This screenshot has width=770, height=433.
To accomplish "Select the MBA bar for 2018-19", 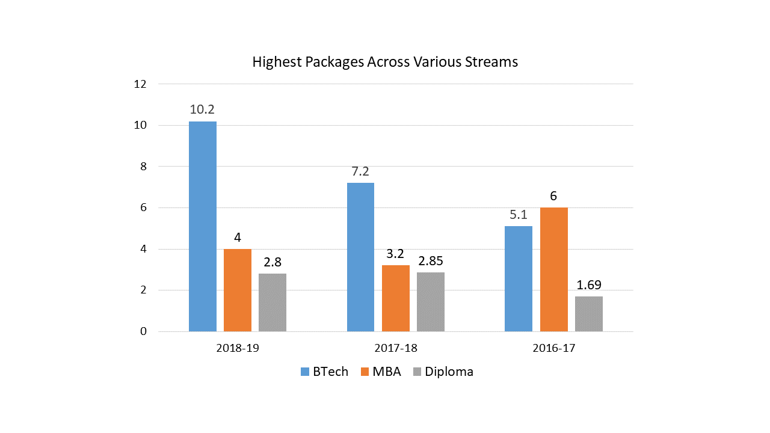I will pyautogui.click(x=238, y=290).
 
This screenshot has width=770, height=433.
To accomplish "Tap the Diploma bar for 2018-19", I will pyautogui.click(x=273, y=302).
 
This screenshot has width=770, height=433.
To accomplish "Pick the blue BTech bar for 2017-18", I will pyautogui.click(x=360, y=257).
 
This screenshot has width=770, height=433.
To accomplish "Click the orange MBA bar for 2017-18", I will pyautogui.click(x=395, y=298).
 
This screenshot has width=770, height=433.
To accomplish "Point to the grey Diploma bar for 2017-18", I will pyautogui.click(x=430, y=302).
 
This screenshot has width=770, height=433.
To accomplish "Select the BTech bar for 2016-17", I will pyautogui.click(x=519, y=278).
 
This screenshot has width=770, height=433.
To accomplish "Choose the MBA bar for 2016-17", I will pyautogui.click(x=553, y=269).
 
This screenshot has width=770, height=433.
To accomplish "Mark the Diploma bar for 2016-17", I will pyautogui.click(x=588, y=314).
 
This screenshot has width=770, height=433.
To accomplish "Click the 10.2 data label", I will pyautogui.click(x=203, y=110).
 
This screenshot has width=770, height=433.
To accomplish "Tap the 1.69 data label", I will pyautogui.click(x=588, y=284).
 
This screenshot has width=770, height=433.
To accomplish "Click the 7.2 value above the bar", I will pyautogui.click(x=360, y=171).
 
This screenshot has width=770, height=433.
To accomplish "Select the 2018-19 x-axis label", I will pyautogui.click(x=238, y=348).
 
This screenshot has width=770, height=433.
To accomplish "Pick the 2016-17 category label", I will pyautogui.click(x=553, y=348).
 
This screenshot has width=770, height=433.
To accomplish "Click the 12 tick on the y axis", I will pyautogui.click(x=140, y=84).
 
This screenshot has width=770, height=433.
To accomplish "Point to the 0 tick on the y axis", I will pyautogui.click(x=143, y=331).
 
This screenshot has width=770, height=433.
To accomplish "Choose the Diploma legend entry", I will pyautogui.click(x=449, y=372).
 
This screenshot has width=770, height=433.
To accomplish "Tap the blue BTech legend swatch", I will pyautogui.click(x=304, y=372).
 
